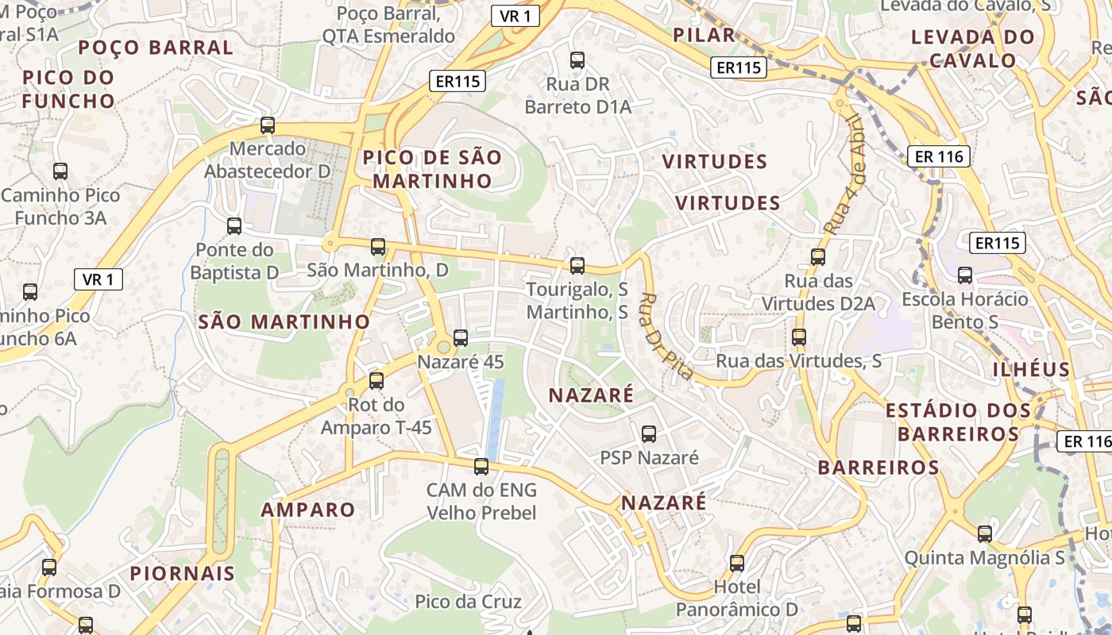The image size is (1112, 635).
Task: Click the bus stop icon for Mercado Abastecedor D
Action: click(268, 125)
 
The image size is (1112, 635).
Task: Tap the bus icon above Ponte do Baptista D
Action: click(234, 226)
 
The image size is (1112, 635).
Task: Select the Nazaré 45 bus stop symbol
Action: click(461, 338)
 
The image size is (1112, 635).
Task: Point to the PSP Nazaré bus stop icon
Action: click(649, 434)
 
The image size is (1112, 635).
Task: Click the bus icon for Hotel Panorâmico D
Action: click(737, 564)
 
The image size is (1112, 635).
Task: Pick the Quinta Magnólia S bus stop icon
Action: click(985, 534)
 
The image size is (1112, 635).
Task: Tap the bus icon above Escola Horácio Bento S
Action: click(965, 275)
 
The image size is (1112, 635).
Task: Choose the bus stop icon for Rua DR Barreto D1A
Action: click(577, 60)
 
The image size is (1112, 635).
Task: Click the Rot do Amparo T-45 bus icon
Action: click(376, 381)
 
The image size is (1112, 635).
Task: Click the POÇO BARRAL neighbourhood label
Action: click(156, 48)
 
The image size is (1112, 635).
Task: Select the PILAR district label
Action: click(704, 35)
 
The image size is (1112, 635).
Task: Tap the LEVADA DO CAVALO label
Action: click(973, 48)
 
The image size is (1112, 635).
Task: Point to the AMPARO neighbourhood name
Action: click(308, 510)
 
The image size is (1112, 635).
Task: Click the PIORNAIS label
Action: click(183, 573)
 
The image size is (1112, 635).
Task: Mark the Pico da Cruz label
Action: click(469, 602)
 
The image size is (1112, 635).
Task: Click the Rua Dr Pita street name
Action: click(666, 336)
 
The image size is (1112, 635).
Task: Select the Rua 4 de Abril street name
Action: click(843, 175)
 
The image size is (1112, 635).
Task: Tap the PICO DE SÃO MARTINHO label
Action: click(432, 169)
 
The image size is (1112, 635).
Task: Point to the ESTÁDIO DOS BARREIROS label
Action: click(959, 422)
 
